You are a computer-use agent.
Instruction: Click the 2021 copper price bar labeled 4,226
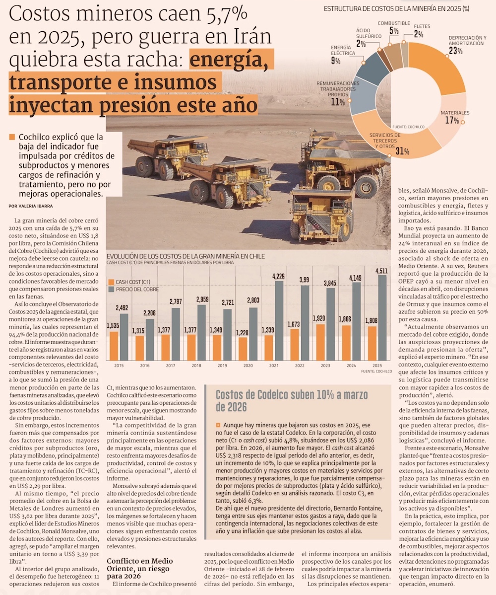pyautogui.click(x=278, y=321)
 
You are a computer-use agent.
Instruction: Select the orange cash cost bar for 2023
pyautogui.click(x=320, y=342)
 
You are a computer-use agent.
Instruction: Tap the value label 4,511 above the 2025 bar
pyautogui.click(x=381, y=271)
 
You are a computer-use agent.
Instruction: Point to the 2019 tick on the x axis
pyautogui.click(x=222, y=366)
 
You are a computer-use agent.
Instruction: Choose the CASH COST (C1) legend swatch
pyautogui.click(x=111, y=282)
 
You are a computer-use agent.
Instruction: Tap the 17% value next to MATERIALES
pyautogui.click(x=452, y=121)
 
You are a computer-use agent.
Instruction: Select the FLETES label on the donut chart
pyautogui.click(x=422, y=26)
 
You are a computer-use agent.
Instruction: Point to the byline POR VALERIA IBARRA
pyautogui.click(x=31, y=206)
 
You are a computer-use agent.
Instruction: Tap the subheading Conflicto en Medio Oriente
pyautogui.click(x=139, y=565)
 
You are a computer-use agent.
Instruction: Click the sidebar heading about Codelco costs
pyautogui.click(x=291, y=401)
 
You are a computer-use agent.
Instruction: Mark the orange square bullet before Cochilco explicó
pyautogui.click(x=12, y=137)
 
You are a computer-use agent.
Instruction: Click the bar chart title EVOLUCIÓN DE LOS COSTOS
pyautogui.click(x=186, y=256)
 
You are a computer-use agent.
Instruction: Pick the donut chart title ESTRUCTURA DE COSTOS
pyautogui.click(x=396, y=8)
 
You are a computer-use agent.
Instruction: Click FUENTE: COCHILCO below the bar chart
pyautogui.click(x=376, y=371)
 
